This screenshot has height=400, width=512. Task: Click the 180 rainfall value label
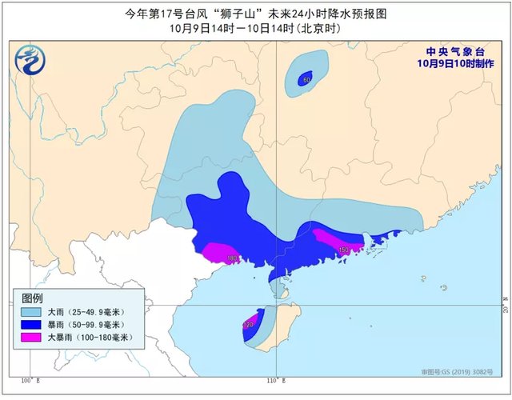pos(232,258)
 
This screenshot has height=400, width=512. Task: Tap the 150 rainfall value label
pos(344,250)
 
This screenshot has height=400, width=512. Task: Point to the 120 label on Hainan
pos(249,325)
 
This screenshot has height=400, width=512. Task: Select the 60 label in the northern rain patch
pos(306,79)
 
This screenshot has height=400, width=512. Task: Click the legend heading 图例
pos(33,296)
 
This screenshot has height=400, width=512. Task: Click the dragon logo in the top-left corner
pos(30,59)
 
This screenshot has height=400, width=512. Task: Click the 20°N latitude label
pos(505,306)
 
